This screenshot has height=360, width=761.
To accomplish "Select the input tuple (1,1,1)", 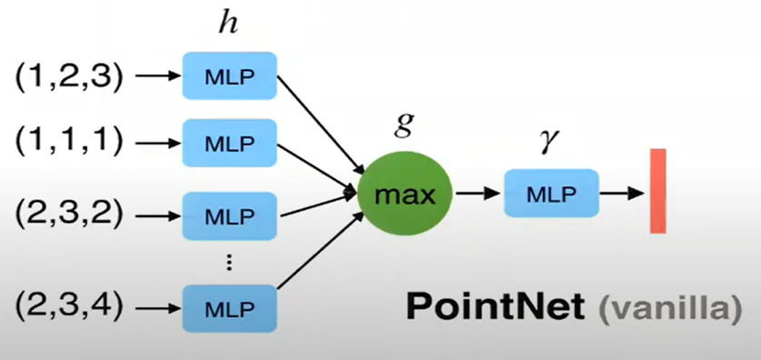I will (x=67, y=144).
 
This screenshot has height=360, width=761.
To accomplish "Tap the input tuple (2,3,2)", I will (x=67, y=217).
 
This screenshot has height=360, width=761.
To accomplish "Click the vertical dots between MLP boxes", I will (x=228, y=262).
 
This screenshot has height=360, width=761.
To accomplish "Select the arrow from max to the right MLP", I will (x=476, y=193).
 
